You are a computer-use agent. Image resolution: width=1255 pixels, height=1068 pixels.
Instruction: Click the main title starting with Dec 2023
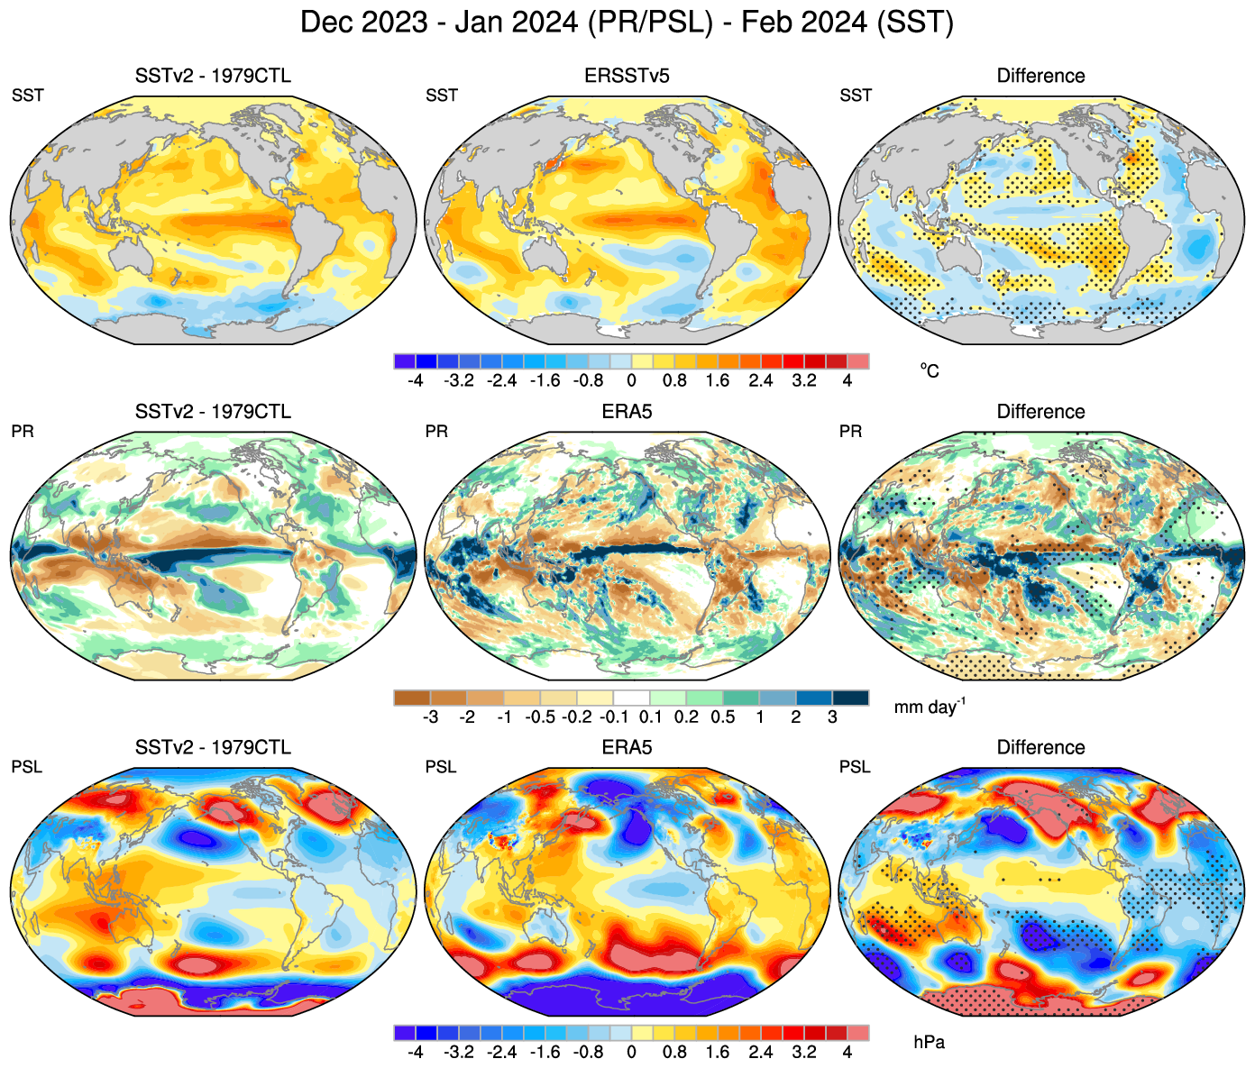click(627, 22)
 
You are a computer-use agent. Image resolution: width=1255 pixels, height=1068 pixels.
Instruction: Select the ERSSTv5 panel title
click(627, 76)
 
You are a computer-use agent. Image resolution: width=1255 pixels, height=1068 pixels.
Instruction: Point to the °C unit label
click(929, 370)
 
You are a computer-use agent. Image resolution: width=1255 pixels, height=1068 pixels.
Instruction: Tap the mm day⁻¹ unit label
click(929, 707)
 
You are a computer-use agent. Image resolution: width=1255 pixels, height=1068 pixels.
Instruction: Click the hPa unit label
click(929, 1043)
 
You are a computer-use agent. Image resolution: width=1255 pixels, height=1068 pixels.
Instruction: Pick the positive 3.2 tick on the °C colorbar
click(803, 380)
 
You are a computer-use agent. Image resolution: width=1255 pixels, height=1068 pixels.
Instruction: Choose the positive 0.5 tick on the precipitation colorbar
click(723, 717)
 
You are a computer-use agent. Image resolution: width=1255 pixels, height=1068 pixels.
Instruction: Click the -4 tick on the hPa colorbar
click(415, 1053)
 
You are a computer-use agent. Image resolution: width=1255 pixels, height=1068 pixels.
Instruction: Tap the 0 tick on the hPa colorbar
click(631, 1053)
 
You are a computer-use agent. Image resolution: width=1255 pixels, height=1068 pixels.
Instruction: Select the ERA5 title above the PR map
click(627, 412)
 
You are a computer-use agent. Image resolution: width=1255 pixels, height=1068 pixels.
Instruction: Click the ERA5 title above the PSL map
click(627, 748)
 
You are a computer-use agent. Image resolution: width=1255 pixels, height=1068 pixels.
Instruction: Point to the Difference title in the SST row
click(1040, 76)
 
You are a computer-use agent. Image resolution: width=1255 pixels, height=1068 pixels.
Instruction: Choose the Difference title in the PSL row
click(1040, 748)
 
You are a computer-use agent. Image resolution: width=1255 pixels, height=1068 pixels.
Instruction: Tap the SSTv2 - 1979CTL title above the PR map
click(213, 412)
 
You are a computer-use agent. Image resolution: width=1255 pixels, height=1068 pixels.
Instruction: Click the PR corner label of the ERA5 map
click(436, 432)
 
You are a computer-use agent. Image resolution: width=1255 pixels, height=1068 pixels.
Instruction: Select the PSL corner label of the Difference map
click(855, 767)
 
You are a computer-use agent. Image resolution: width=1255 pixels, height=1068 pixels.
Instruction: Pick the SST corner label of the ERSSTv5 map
click(441, 96)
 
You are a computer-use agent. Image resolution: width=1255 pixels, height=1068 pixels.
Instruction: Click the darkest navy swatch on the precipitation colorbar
click(850, 698)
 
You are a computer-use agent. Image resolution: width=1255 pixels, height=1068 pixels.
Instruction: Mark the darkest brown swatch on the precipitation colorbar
click(412, 698)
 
